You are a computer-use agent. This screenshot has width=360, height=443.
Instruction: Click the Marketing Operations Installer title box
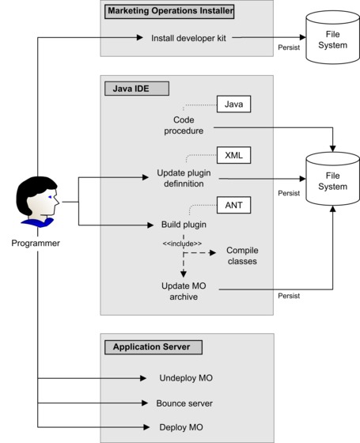point(171,12)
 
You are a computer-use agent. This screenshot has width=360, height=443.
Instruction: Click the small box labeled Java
point(233,104)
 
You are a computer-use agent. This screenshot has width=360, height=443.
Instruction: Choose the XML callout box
point(233,154)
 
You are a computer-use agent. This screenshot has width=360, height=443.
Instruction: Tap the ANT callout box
point(233,205)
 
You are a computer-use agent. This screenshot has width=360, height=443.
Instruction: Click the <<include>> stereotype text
point(182,243)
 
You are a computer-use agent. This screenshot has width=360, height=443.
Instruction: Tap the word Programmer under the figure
point(35,243)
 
